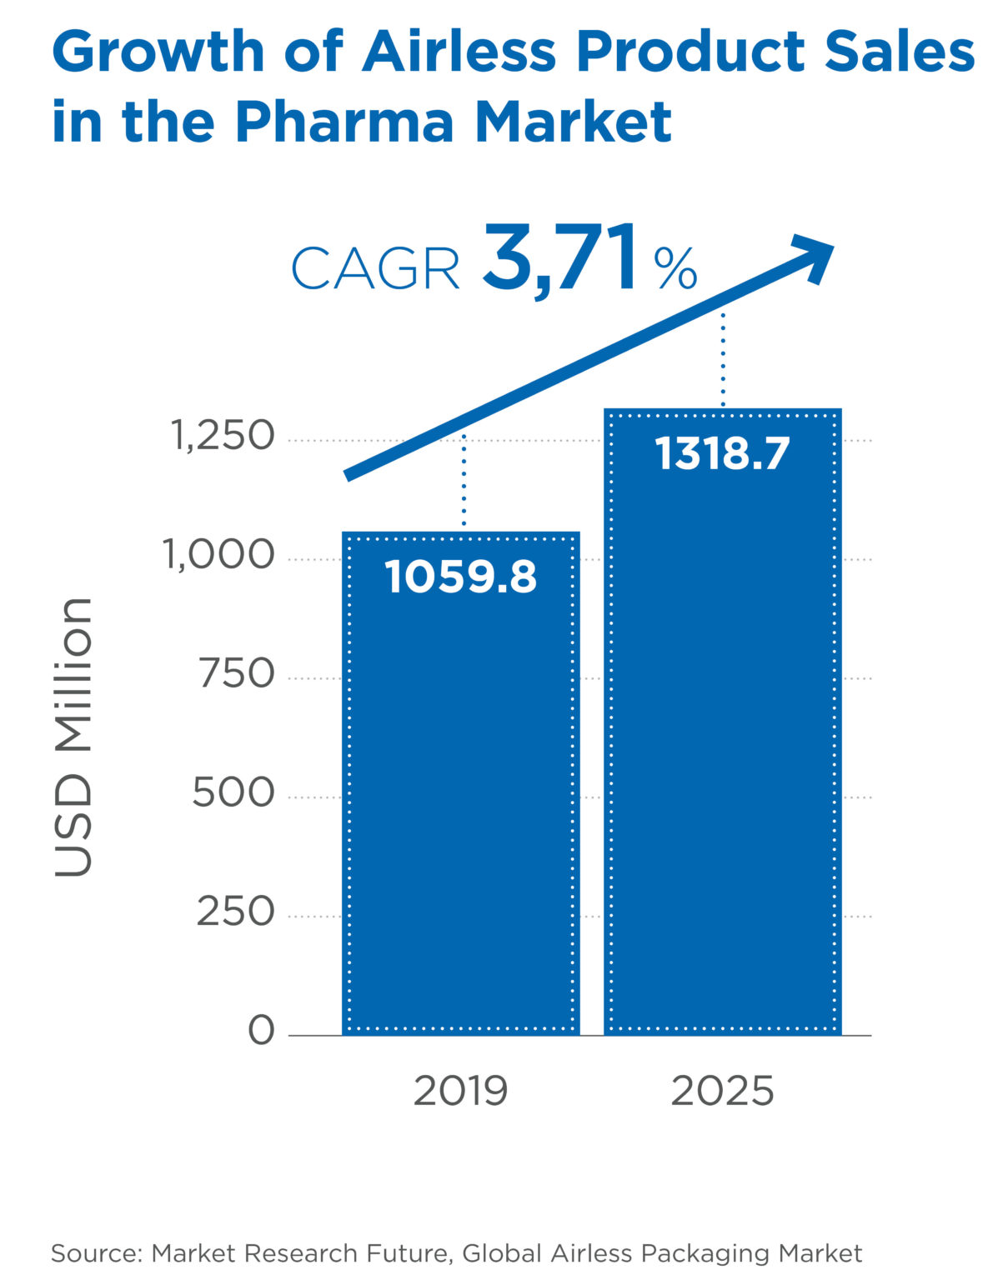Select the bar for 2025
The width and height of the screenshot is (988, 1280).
click(722, 750)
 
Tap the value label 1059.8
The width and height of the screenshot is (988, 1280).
click(460, 577)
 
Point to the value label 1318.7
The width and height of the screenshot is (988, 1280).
click(722, 455)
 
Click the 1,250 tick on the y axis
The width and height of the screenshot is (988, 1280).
click(223, 436)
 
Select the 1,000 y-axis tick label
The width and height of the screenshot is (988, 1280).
click(219, 555)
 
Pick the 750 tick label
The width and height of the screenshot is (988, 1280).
click(237, 673)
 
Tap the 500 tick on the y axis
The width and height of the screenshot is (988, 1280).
click(233, 792)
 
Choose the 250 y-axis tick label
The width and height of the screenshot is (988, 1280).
click(235, 912)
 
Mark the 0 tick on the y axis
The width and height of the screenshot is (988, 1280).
click(261, 1031)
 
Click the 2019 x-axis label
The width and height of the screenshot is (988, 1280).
click(460, 1092)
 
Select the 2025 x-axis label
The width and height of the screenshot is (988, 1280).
click(722, 1092)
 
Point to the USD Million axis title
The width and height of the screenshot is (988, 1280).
click(73, 737)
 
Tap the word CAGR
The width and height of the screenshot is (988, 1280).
click(375, 269)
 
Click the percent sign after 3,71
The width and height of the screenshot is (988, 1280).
click(675, 268)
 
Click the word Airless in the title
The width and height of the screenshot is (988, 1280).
click(459, 52)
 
